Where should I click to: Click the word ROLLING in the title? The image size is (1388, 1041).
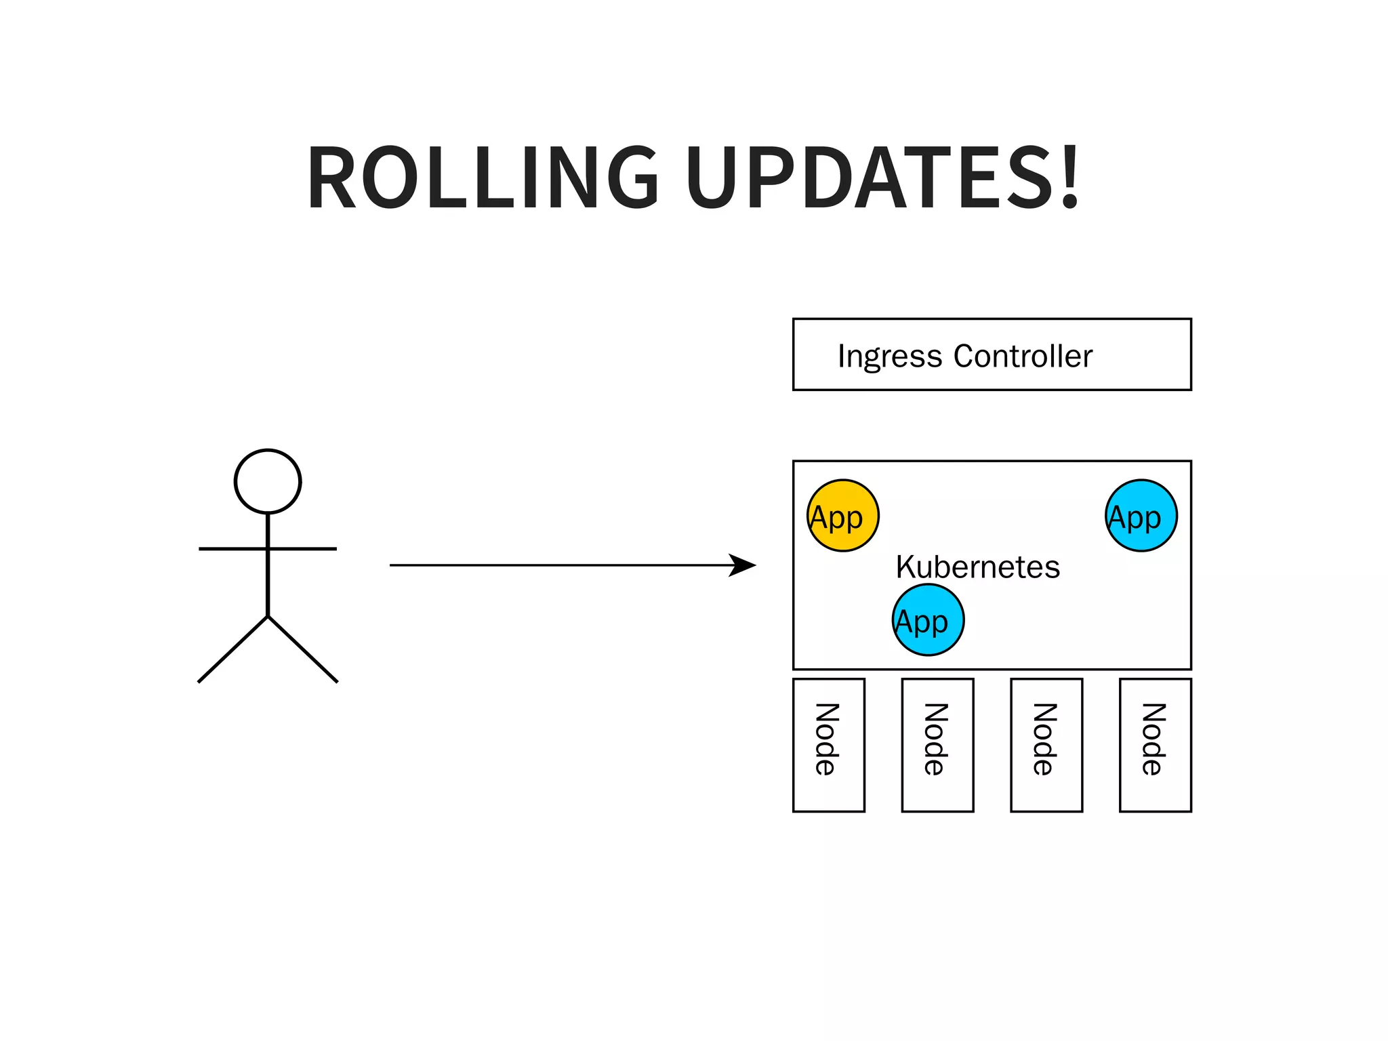[x=483, y=178]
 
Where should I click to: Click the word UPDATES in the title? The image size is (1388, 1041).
[x=868, y=178]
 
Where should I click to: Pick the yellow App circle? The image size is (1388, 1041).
[x=842, y=516]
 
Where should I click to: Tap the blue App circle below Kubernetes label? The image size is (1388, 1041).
[x=928, y=620]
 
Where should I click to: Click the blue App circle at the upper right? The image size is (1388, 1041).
[x=1141, y=516]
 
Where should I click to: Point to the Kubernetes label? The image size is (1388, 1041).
[x=977, y=567]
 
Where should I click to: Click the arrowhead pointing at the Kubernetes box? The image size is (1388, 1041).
[x=743, y=565]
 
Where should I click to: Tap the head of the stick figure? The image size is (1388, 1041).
[x=268, y=481]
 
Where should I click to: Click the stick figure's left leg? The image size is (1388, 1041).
[x=232, y=649]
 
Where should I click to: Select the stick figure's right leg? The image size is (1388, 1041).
[x=304, y=649]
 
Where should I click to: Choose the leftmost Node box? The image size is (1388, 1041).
[x=829, y=745]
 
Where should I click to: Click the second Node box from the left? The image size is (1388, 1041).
[x=937, y=745]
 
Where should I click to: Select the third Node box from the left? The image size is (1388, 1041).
[x=1046, y=745]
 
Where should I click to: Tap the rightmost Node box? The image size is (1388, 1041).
[x=1156, y=745]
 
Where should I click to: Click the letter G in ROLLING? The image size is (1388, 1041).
[x=632, y=178]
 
